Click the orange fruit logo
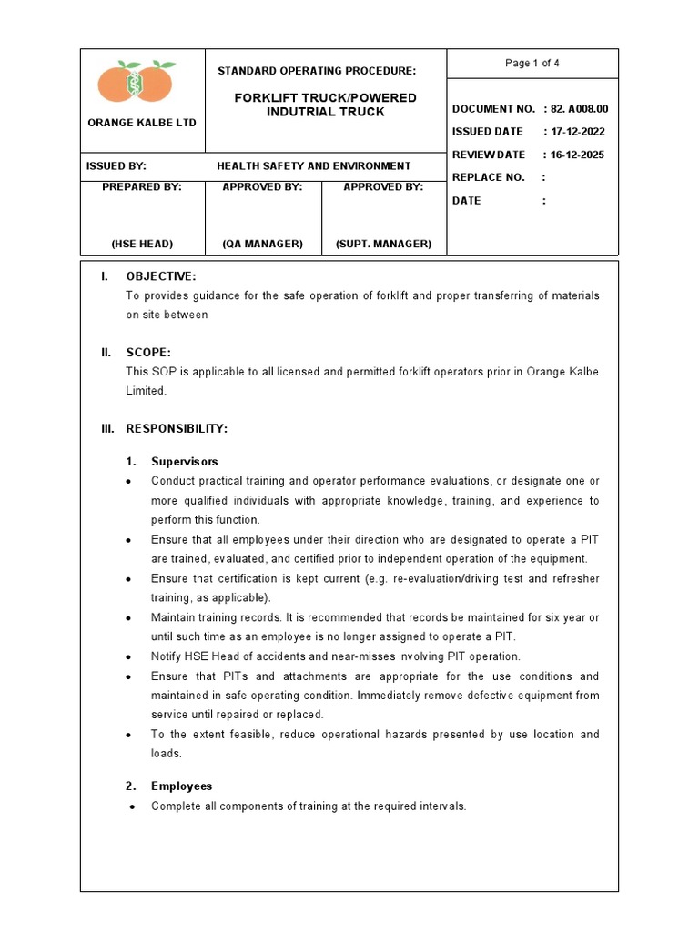tap(137, 82)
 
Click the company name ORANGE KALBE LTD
tap(141, 122)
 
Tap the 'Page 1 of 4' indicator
tap(532, 63)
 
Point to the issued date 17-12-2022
tap(576, 132)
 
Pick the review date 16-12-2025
tap(576, 155)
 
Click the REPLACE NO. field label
tap(488, 177)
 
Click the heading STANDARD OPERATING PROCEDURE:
tap(316, 70)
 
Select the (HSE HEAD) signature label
tap(142, 244)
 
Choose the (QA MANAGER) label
tap(262, 244)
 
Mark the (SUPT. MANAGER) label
tap(383, 244)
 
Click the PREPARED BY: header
tap(142, 186)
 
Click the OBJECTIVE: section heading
tap(160, 276)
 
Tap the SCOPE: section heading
tap(147, 352)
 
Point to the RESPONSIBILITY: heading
tap(177, 428)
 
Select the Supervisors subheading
tap(184, 462)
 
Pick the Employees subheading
tap(181, 786)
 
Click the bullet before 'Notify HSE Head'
tap(131, 657)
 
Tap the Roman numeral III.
tap(107, 428)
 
